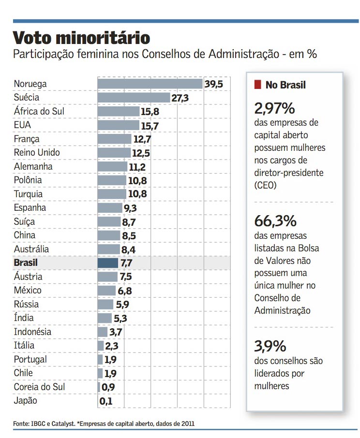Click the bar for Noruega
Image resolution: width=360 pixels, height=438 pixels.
tap(150, 84)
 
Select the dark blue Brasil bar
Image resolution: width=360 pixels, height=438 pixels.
tap(108, 263)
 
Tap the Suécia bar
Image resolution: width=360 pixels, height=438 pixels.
tap(134, 98)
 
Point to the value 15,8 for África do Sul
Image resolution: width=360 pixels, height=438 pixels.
tap(150, 112)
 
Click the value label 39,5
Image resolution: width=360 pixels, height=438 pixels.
tap(213, 84)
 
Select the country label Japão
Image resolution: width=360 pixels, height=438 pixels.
tap(26, 401)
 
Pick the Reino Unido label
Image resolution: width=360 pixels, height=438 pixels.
tap(37, 153)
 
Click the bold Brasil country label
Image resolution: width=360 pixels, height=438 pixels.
tap(26, 263)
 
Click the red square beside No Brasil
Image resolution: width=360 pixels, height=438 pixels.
tap(258, 85)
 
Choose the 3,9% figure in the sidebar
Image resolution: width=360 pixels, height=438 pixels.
tap(270, 346)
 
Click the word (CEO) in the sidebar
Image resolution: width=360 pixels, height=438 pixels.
tap(266, 185)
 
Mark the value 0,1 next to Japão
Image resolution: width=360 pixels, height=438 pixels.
tap(105, 401)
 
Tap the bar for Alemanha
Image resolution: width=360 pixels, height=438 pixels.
tap(113, 167)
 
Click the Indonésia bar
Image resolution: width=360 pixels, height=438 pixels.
tap(103, 332)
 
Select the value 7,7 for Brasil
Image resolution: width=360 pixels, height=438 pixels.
tap(126, 263)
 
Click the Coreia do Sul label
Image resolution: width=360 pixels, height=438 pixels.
tap(40, 387)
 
